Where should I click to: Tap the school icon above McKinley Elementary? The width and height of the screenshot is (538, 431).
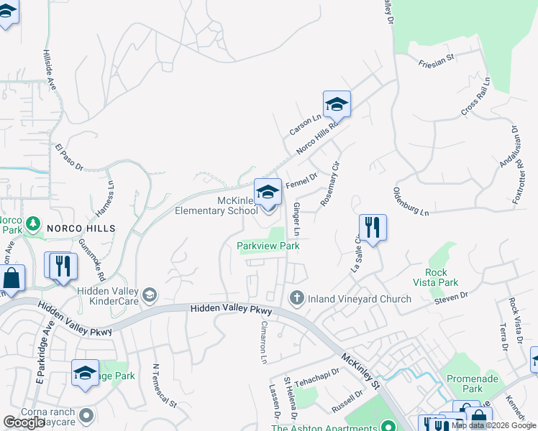pos(268,192)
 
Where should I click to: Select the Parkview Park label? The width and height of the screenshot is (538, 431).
pos(268,246)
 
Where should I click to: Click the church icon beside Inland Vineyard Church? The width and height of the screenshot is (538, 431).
pos(296,298)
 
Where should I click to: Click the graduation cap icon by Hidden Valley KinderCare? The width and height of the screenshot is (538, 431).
pos(150,295)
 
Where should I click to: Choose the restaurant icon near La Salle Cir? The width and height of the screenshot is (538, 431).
pos(373,228)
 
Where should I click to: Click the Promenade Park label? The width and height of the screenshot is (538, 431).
pos(464,383)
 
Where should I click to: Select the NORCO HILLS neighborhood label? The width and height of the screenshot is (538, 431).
pos(81,228)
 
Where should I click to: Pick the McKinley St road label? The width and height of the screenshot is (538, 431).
pos(360,370)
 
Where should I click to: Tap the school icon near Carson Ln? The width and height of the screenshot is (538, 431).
pos(336,105)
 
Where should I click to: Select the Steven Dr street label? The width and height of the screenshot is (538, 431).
pos(451,295)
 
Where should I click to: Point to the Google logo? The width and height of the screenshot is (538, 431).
pos(24,422)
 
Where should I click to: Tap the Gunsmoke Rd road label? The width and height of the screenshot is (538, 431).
pos(91,259)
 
